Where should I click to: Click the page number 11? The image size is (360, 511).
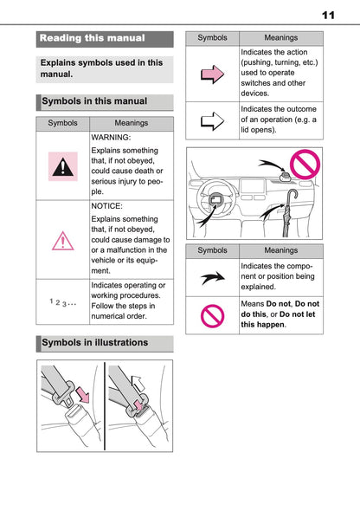[x=328, y=15]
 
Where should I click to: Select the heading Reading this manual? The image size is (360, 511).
[x=93, y=38]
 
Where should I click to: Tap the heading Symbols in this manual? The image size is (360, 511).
[x=95, y=101]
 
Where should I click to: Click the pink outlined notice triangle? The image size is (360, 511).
[x=63, y=239]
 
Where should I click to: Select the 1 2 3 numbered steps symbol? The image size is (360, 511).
[x=62, y=301]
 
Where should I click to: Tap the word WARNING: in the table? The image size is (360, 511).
[x=111, y=137]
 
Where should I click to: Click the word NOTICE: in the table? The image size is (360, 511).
[x=107, y=207]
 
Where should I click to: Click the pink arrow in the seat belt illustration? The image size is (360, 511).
[x=81, y=397]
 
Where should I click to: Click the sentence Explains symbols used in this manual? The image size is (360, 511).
[x=102, y=68]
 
